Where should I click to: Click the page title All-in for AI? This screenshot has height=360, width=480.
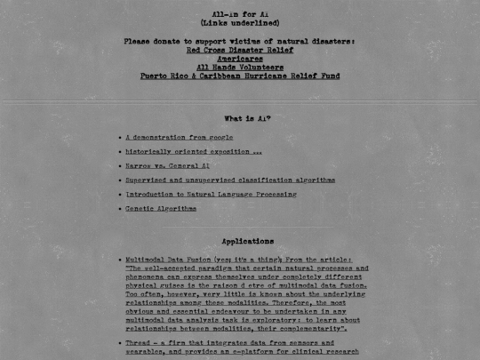pyautogui.click(x=240, y=13)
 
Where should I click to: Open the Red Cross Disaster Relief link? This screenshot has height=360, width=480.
pyautogui.click(x=240, y=51)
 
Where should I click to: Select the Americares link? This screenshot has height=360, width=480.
pyautogui.click(x=240, y=59)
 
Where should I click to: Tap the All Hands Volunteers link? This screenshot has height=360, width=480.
pyautogui.click(x=240, y=68)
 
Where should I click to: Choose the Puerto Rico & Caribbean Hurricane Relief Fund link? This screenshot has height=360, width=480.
pyautogui.click(x=240, y=76)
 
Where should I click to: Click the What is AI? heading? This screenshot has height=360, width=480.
pyautogui.click(x=247, y=118)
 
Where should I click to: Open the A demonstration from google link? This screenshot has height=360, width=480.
pyautogui.click(x=179, y=138)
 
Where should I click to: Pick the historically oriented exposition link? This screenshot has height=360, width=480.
pyautogui.click(x=193, y=152)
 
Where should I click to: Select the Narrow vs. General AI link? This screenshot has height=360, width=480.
pyautogui.click(x=167, y=166)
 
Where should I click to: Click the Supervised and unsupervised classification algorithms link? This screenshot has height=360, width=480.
pyautogui.click(x=229, y=180)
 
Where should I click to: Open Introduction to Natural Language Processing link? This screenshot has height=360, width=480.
pyautogui.click(x=211, y=195)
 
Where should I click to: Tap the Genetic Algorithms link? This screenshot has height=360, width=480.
pyautogui.click(x=161, y=209)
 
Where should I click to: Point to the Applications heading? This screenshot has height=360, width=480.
pyautogui.click(x=247, y=241)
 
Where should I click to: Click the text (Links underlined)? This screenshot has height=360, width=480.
pyautogui.click(x=240, y=23)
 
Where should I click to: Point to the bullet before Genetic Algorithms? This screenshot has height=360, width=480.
pyautogui.click(x=119, y=209)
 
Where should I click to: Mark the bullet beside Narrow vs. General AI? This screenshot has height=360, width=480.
pyautogui.click(x=119, y=166)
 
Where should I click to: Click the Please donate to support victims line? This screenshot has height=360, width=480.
pyautogui.click(x=240, y=41)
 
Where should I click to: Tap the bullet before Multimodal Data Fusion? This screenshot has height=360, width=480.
pyautogui.click(x=119, y=260)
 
